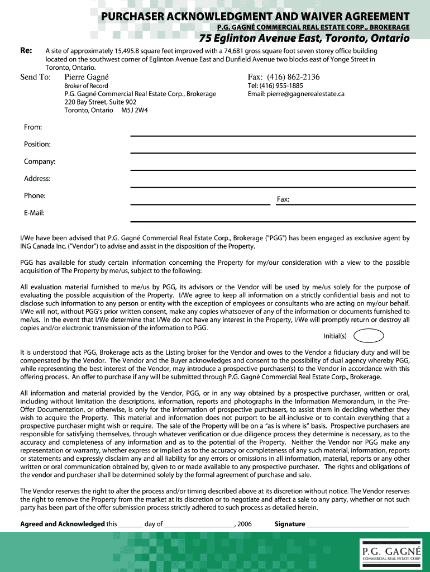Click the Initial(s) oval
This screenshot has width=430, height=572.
coord(369,336)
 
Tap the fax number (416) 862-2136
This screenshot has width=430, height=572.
coord(293,77)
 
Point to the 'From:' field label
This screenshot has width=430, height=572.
coord(33,127)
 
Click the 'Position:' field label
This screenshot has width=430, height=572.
coord(37,145)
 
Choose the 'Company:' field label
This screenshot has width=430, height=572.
coord(39,162)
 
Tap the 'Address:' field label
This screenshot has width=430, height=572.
coord(37,179)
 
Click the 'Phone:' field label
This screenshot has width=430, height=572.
coord(35,196)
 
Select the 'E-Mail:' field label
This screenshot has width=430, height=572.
coord(34,213)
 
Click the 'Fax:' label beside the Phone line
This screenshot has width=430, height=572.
coord(283,199)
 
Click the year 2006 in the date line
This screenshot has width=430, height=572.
coord(245,525)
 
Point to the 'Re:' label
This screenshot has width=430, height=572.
coord(26,50)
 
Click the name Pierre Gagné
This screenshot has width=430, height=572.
coord(87,77)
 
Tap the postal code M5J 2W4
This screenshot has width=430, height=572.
coord(135,111)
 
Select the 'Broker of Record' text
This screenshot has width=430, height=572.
coord(86,86)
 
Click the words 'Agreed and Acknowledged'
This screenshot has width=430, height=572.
coord(62,525)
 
